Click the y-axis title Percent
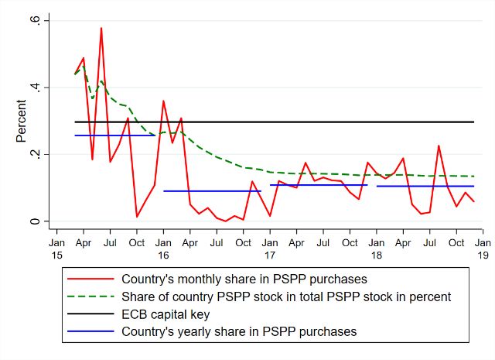click(22, 121)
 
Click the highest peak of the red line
click(101, 29)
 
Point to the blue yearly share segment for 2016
click(212, 190)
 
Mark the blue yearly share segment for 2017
click(318, 185)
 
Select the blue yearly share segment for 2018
click(425, 186)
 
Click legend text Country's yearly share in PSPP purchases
click(239, 331)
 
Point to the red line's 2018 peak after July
click(439, 146)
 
